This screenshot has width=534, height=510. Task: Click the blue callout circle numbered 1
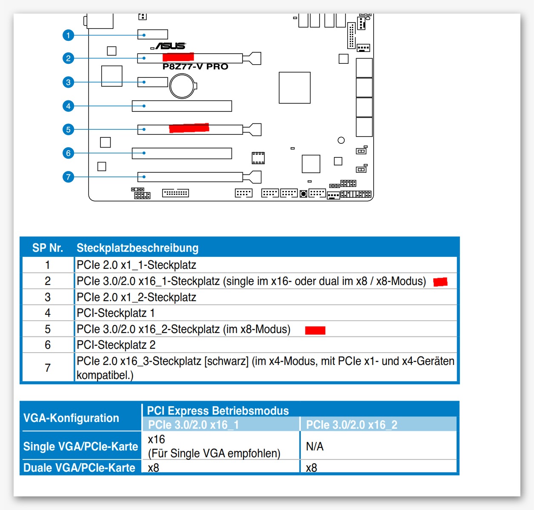(x=68, y=35)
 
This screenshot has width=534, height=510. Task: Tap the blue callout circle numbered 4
(x=68, y=106)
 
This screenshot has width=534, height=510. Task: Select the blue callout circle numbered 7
(x=68, y=177)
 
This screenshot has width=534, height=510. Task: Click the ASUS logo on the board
(x=169, y=46)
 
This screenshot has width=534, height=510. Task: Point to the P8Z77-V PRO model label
(x=195, y=67)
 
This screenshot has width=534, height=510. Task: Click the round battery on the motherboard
(x=182, y=86)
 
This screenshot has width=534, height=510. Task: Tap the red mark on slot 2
(x=178, y=57)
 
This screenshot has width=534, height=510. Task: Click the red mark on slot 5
(x=189, y=128)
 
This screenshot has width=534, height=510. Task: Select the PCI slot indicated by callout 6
(x=182, y=153)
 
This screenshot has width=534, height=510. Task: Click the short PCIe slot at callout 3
(x=152, y=82)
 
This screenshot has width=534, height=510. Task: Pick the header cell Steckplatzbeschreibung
(x=137, y=248)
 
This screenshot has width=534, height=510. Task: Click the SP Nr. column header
(x=48, y=248)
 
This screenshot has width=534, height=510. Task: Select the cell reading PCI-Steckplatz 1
(x=116, y=313)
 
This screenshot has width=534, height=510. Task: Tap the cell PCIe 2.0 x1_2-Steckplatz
(x=136, y=297)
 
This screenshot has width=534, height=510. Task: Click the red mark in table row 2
(x=440, y=282)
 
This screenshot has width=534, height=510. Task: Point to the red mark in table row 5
(x=315, y=330)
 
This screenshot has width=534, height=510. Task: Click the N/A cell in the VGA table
(x=315, y=446)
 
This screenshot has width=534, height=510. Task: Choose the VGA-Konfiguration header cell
(x=71, y=418)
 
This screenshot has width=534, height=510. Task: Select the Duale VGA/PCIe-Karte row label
(x=79, y=467)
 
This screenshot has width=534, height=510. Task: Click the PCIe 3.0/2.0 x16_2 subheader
(x=351, y=425)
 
